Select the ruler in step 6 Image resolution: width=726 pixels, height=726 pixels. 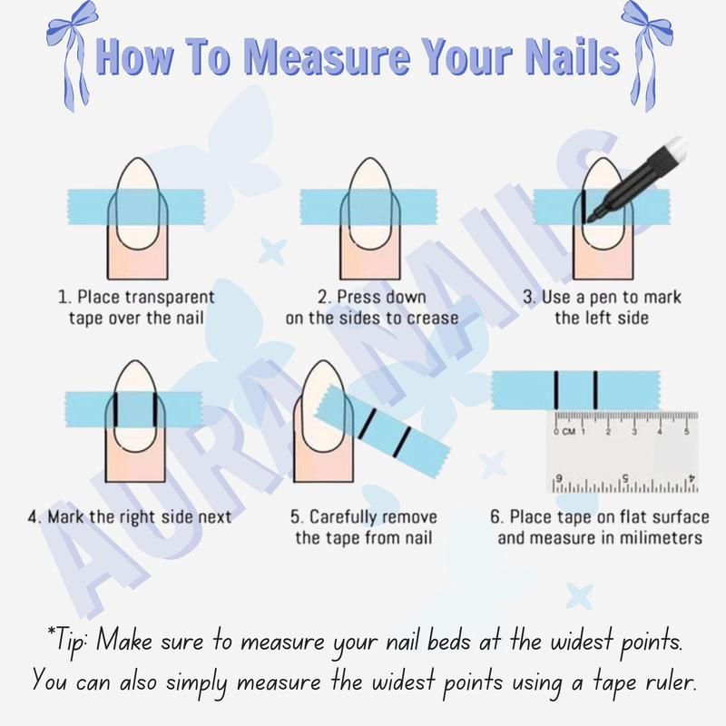623,451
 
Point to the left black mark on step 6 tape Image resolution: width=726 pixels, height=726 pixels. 555,389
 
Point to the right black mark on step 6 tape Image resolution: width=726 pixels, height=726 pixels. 594,389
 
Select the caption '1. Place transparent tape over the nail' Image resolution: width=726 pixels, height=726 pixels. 136,308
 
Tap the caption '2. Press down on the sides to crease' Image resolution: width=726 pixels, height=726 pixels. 372,308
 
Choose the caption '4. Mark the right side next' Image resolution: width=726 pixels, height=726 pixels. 130,517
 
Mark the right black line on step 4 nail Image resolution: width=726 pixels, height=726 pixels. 152,411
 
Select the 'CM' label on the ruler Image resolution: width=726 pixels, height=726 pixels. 569,431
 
